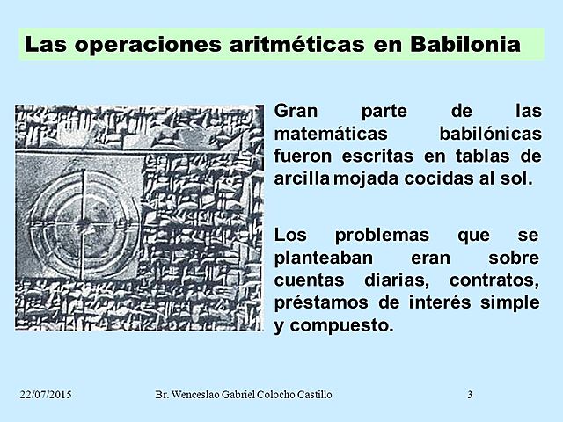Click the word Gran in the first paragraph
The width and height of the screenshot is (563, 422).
point(296,113)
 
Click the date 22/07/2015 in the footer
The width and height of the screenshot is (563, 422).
point(45,395)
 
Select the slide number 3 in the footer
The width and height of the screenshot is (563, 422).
point(470,395)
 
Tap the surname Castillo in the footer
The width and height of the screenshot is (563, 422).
point(311,395)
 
